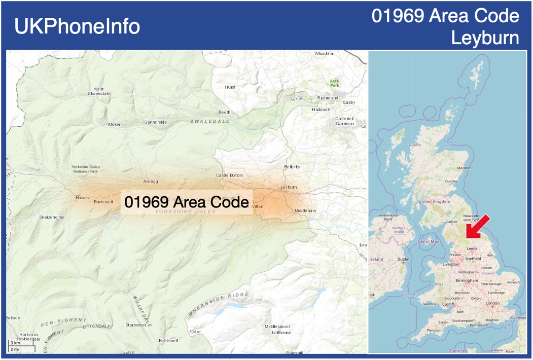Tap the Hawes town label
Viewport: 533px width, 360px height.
[82, 198]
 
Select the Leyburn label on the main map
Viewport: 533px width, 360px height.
[289, 187]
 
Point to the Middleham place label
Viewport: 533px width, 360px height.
[305, 210]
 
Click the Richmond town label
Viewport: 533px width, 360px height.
[327, 98]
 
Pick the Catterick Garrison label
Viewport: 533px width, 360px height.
[344, 121]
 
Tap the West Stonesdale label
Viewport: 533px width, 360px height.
[99, 91]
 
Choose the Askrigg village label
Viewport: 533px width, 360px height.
[151, 182]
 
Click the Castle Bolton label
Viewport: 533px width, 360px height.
[229, 175]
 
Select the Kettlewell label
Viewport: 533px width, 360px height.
[168, 341]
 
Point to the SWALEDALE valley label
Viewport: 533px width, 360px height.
[210, 122]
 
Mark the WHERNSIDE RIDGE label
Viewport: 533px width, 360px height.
[219, 303]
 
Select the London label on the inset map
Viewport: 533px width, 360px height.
[492, 303]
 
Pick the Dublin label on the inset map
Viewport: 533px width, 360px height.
[404, 259]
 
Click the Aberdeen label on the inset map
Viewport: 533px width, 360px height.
[464, 168]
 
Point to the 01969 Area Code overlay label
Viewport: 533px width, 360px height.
[187, 202]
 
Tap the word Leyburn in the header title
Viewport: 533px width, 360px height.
[485, 38]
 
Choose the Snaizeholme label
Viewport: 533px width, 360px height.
[52, 217]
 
